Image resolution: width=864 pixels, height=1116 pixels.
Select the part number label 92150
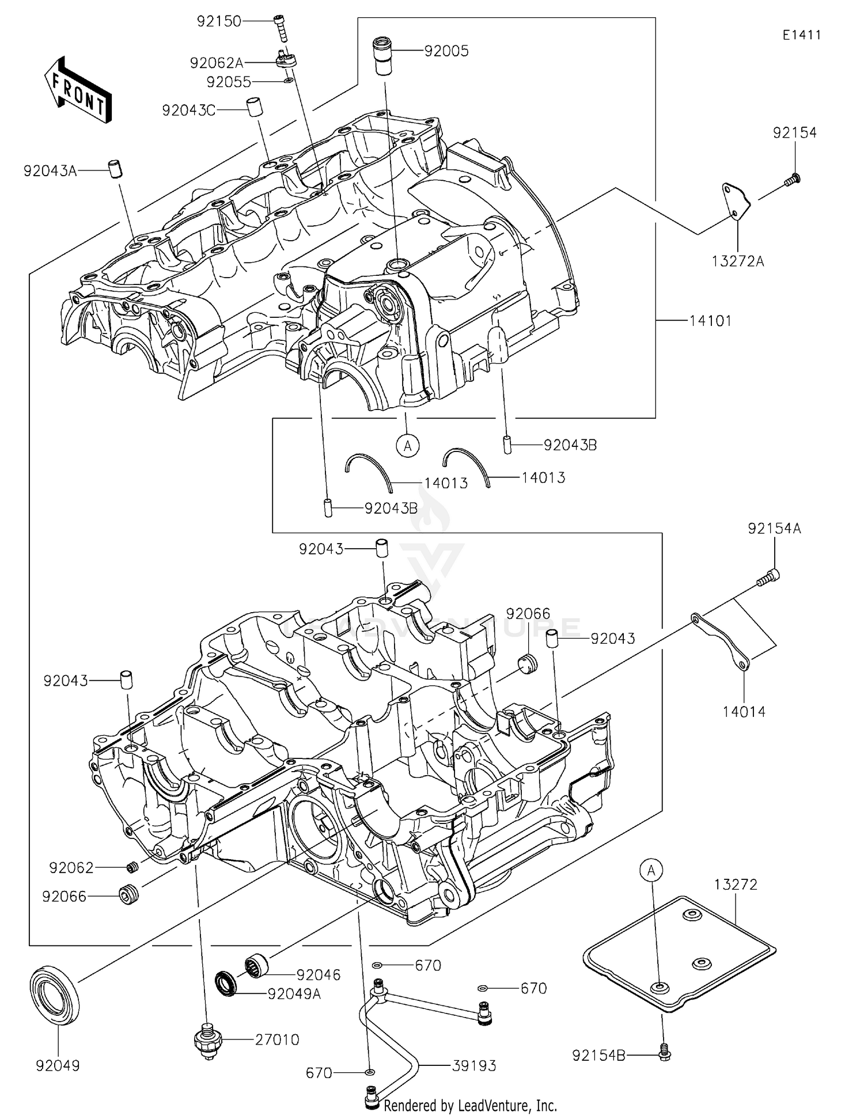pos(218,21)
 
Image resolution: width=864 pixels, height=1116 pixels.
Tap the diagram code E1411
pos(801,35)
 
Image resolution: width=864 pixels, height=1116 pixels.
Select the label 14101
pos(710,321)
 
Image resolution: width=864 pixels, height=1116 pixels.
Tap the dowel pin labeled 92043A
pos(116,170)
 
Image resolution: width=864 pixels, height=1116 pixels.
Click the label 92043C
pos(188,111)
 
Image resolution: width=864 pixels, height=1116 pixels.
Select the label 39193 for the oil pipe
pos(474,1066)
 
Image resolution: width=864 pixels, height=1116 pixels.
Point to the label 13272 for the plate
pos(736,885)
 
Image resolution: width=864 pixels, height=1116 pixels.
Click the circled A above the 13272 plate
pos(651,871)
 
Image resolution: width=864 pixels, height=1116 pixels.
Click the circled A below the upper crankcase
pos(408,445)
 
